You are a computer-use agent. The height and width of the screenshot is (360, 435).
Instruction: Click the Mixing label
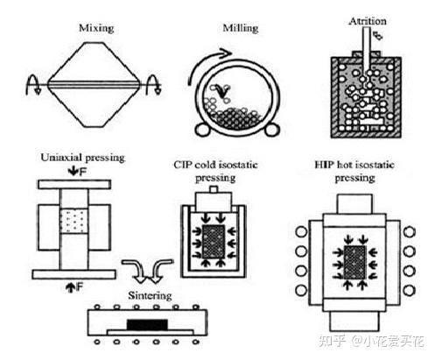click(96, 28)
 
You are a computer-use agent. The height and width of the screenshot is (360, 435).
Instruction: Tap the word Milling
click(241, 28)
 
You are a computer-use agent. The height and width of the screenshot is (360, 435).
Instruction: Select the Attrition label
click(368, 21)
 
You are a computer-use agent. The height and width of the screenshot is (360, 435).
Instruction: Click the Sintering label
click(150, 296)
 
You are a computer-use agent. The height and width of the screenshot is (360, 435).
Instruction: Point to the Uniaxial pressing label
click(83, 158)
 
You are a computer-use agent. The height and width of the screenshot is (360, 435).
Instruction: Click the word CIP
click(183, 165)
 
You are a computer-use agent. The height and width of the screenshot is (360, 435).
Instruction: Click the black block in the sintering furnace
click(147, 325)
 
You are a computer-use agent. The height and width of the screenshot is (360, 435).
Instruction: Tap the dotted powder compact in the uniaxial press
click(74, 221)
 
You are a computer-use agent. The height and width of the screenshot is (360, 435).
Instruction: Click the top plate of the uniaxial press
click(74, 185)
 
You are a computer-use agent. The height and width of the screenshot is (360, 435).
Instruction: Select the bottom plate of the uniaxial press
click(74, 274)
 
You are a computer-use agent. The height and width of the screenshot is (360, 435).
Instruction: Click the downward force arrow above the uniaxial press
click(73, 172)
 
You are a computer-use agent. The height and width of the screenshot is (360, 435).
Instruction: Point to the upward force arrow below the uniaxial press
click(70, 287)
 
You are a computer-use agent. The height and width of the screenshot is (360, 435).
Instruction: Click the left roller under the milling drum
click(202, 130)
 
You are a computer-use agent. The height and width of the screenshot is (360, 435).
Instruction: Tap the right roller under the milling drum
click(272, 130)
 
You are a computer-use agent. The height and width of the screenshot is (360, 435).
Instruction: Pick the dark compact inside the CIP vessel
click(214, 242)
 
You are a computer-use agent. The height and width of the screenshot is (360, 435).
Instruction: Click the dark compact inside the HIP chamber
click(354, 263)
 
